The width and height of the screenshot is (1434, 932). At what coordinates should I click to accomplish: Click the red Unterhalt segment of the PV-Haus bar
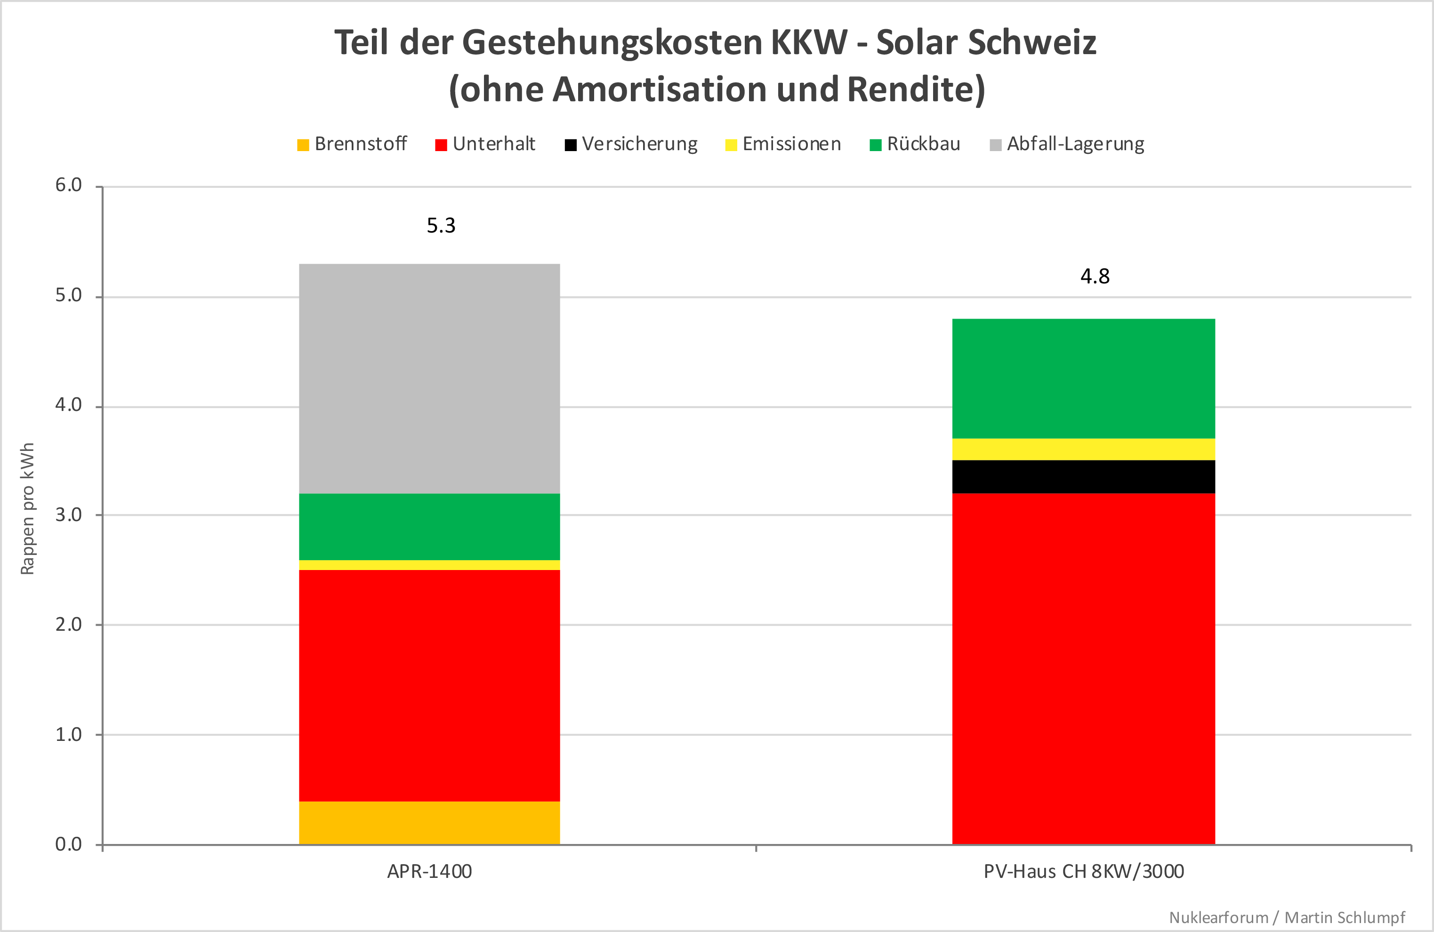point(1083,669)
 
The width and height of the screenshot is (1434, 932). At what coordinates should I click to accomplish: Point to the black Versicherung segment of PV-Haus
point(1083,476)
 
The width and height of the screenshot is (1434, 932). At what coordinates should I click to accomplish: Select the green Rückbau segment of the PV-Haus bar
point(1083,378)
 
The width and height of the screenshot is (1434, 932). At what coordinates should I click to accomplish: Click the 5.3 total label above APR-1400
point(441,226)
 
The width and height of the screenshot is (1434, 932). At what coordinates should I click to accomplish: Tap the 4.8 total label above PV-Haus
point(1095,276)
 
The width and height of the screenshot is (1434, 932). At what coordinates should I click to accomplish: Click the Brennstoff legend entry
point(353,144)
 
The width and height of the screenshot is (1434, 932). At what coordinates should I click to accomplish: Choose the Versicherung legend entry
point(631,144)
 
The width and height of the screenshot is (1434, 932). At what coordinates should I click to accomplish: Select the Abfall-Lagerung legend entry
point(1067,144)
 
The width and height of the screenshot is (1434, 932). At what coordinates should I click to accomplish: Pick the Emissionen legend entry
point(783,144)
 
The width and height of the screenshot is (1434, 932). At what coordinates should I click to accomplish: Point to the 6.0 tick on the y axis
point(69,185)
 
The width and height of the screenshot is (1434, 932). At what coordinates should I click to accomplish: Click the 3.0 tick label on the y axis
point(69,515)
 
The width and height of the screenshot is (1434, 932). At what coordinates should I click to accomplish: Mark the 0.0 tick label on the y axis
point(69,844)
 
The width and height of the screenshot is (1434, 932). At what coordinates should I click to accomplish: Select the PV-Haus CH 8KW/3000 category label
point(1083,872)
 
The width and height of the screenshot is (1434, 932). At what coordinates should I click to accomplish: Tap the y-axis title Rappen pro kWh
point(28,509)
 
